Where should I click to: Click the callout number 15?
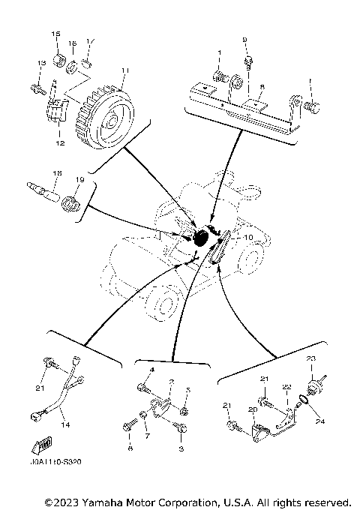point(55,35)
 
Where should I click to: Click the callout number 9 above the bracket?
point(244,39)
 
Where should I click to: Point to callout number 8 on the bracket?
point(262,87)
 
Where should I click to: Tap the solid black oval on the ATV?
point(201,239)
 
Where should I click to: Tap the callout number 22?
point(286,387)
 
